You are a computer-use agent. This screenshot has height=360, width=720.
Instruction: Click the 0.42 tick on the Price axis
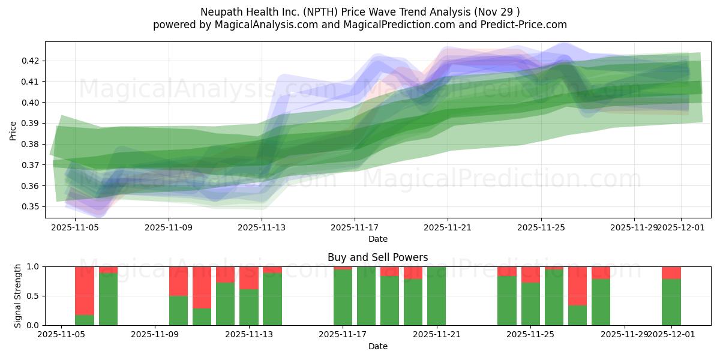(31, 61)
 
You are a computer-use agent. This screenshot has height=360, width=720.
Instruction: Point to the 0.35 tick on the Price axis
(31, 206)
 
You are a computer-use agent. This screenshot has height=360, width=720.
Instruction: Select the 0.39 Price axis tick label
(31, 123)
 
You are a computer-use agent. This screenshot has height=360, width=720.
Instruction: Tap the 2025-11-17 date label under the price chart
(355, 227)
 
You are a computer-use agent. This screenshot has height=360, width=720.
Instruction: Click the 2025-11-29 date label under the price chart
(634, 227)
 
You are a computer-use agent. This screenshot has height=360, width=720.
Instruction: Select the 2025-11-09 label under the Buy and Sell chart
(155, 335)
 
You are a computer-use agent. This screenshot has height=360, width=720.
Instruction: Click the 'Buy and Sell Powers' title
(377, 257)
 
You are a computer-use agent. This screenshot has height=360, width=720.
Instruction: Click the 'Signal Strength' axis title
(18, 295)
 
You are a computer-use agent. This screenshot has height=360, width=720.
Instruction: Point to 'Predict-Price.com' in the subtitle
(525, 25)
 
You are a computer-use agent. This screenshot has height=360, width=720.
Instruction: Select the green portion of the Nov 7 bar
(108, 299)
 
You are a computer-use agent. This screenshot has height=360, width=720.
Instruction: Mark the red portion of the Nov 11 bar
(202, 287)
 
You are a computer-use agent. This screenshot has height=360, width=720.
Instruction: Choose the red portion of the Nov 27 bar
(577, 286)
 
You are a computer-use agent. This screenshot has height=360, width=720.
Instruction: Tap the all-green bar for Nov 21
(437, 296)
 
